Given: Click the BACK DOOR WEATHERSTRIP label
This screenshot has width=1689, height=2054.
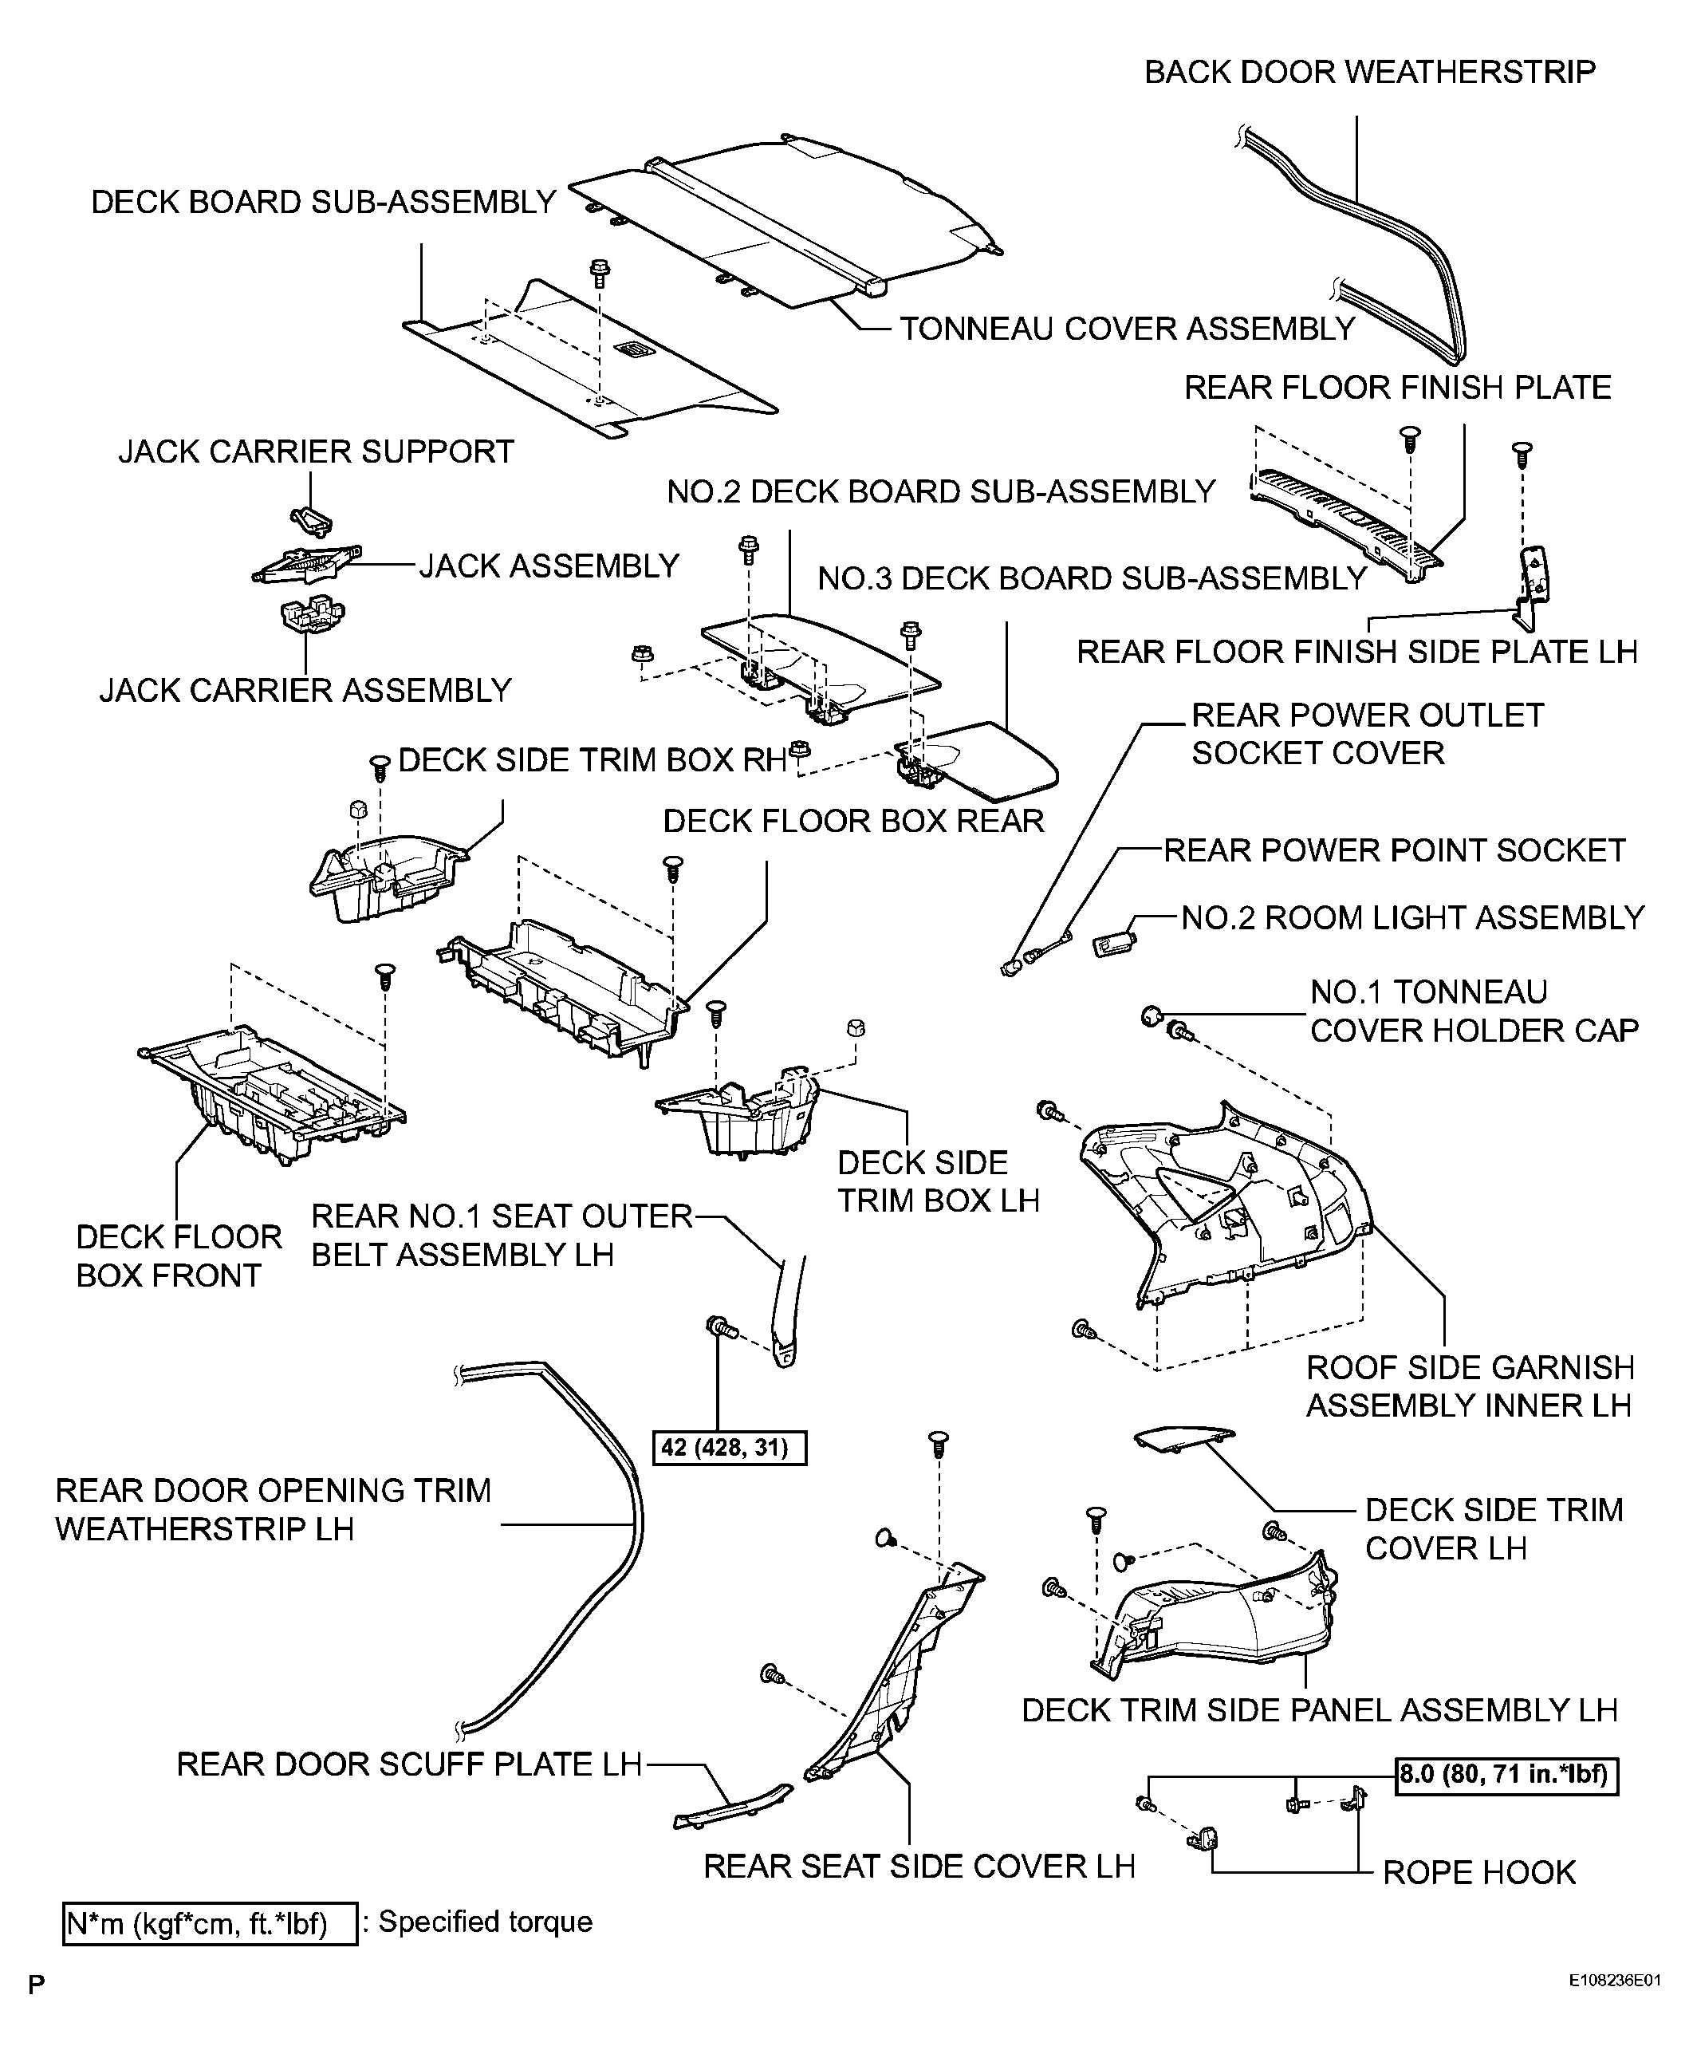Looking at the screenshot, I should coord(1369,72).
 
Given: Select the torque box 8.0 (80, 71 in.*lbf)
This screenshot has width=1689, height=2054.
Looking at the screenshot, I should coord(1507,1774).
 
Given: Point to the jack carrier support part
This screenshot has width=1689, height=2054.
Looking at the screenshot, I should coord(310,519).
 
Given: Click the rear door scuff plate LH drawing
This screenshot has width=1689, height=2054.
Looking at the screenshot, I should coord(731,1807).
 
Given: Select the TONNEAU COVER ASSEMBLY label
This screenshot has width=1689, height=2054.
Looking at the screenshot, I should coord(1126,329).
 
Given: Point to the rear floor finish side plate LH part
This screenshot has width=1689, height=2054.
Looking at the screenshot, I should coord(1533,584).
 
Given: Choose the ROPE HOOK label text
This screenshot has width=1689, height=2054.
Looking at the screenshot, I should coord(1478,1872).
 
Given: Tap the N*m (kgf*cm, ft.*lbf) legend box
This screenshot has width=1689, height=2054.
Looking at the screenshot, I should coord(209,1924).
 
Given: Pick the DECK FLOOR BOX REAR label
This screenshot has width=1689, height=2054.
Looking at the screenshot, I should coord(852,822).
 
